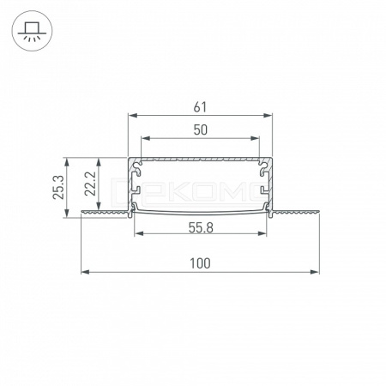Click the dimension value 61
(200, 107)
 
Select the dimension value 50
(200, 130)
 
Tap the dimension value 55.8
(201, 228)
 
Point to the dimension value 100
(200, 263)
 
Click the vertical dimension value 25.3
(58, 187)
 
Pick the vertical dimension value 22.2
(90, 184)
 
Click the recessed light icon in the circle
(32, 31)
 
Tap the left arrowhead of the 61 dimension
(132, 116)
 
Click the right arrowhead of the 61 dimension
(268, 116)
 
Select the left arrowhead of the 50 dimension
(146, 138)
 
